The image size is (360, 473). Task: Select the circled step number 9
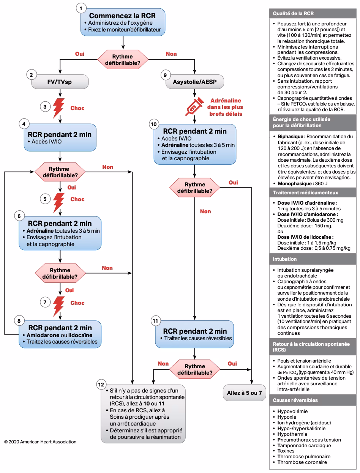(x=165, y=75)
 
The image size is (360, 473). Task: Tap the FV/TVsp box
(x=60, y=82)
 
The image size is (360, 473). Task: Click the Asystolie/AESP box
(x=195, y=82)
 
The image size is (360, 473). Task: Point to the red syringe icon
(x=194, y=107)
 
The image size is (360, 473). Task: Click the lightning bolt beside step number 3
(x=58, y=108)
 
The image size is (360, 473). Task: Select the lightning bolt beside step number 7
(x=58, y=303)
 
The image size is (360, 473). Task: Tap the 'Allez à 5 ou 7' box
(x=244, y=393)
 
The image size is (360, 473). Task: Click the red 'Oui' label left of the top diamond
(x=80, y=54)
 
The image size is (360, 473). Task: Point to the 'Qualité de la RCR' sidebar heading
(x=293, y=13)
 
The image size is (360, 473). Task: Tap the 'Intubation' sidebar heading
(x=285, y=259)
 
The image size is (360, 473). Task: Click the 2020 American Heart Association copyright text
(x=40, y=442)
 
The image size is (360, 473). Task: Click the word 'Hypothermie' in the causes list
(x=292, y=434)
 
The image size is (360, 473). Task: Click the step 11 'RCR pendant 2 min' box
(x=194, y=334)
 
